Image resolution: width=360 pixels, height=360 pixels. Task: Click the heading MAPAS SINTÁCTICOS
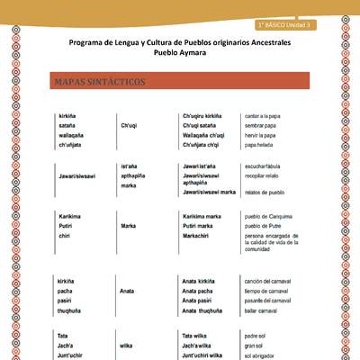(x=99, y=83)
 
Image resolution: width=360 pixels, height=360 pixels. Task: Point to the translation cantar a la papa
(x=265, y=116)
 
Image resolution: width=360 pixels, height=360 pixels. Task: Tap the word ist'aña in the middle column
(x=128, y=166)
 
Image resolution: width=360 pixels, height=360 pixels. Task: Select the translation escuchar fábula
(x=268, y=166)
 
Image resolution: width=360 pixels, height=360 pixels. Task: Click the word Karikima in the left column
(x=72, y=217)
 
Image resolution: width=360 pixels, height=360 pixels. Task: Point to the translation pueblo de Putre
(x=267, y=226)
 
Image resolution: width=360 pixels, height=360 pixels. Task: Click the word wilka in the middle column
(x=127, y=345)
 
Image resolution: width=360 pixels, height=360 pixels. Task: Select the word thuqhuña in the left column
(x=72, y=310)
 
